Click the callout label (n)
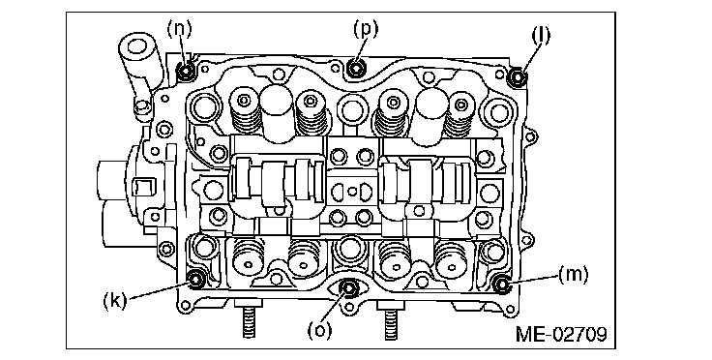[x=179, y=29]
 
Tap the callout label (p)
[x=366, y=28]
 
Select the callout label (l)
[x=541, y=36]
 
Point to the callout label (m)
[x=573, y=275]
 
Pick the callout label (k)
[x=115, y=300]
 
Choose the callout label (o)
[x=319, y=330]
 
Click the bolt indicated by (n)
[x=186, y=72]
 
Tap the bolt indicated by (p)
[x=356, y=69]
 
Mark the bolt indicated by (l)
[x=517, y=77]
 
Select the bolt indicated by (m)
[x=502, y=285]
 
